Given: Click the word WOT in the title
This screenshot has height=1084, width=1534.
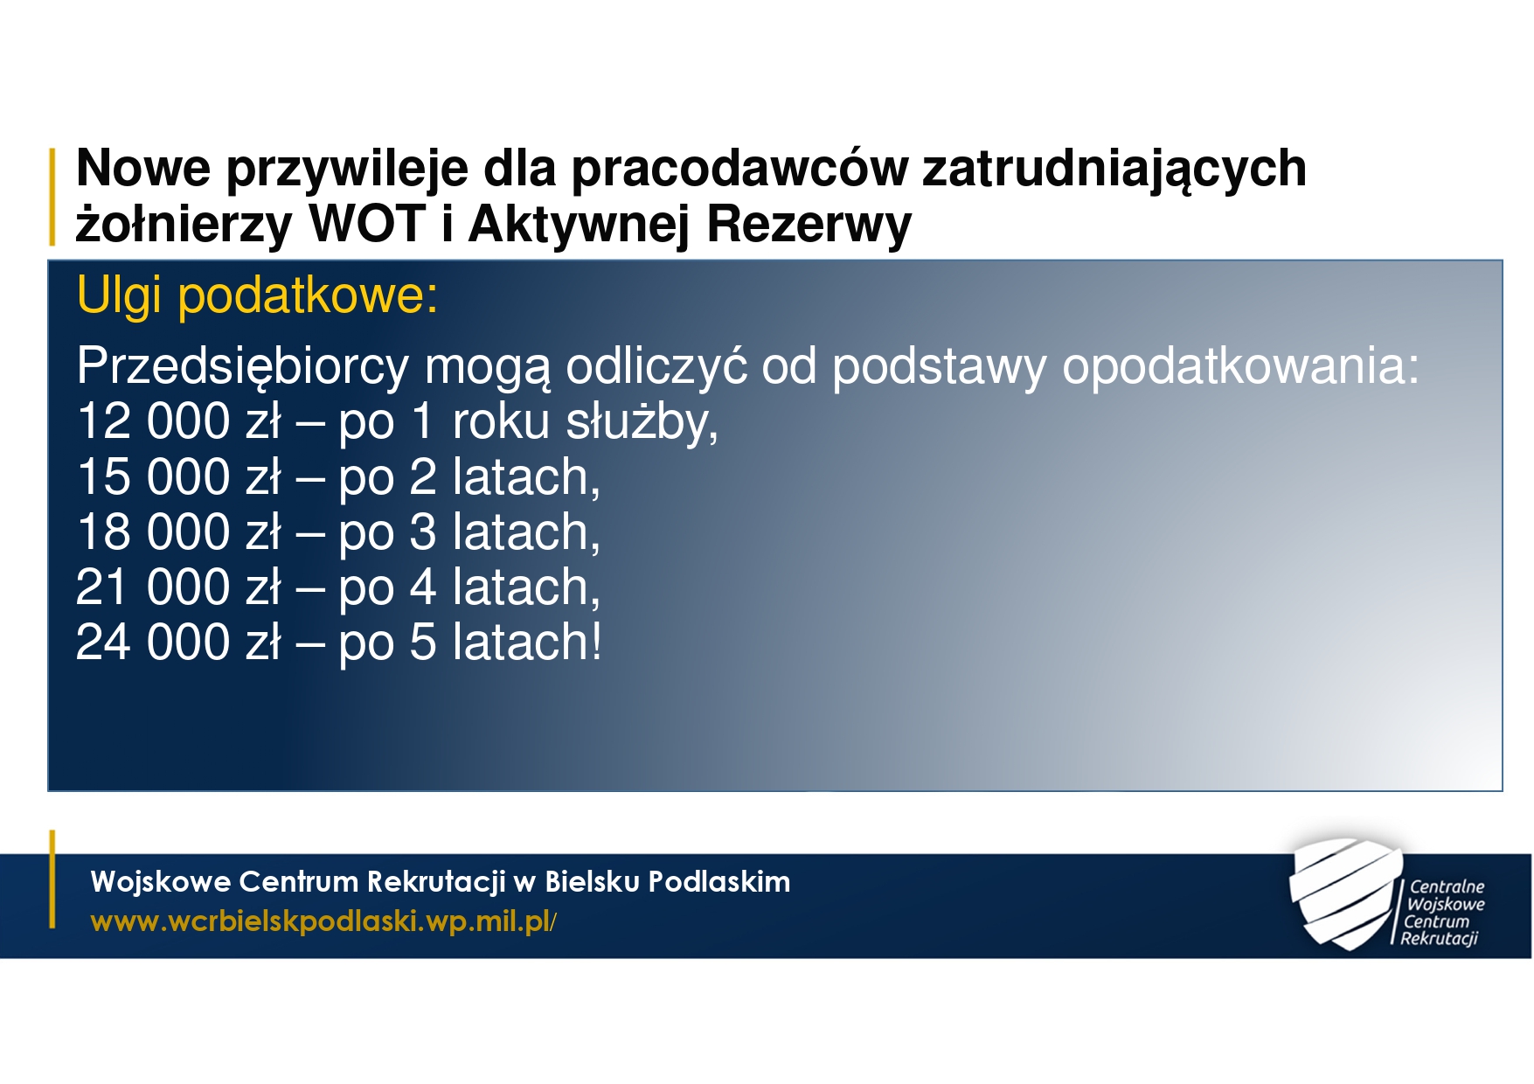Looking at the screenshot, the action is tap(367, 224).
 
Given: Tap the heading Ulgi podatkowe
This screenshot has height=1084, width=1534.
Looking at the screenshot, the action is tap(257, 295).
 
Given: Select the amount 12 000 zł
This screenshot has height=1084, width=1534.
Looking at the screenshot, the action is tap(178, 421).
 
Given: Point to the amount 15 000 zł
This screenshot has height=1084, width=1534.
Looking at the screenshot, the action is tap(178, 477).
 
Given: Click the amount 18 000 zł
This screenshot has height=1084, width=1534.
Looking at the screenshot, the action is tap(178, 532).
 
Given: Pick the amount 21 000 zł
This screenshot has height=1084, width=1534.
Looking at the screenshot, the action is tap(178, 587).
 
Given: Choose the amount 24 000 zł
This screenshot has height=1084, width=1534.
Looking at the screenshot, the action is tap(178, 643).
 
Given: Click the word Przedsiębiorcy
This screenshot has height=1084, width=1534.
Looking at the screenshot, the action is tap(243, 367).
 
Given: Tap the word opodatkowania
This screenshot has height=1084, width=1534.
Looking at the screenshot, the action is tap(1240, 367).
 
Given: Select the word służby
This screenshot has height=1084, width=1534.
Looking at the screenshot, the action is tap(642, 423).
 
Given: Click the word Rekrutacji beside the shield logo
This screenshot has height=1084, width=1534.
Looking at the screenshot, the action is tap(1439, 939).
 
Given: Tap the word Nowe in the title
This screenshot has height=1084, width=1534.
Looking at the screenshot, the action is tap(143, 168).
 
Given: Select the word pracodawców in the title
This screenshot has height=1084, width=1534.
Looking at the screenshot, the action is tap(739, 168).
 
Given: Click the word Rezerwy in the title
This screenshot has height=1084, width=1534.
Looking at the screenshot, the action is tap(809, 226).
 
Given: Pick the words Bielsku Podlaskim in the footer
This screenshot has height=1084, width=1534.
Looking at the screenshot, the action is tap(668, 881).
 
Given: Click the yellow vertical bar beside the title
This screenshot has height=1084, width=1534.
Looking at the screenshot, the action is tap(52, 196).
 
